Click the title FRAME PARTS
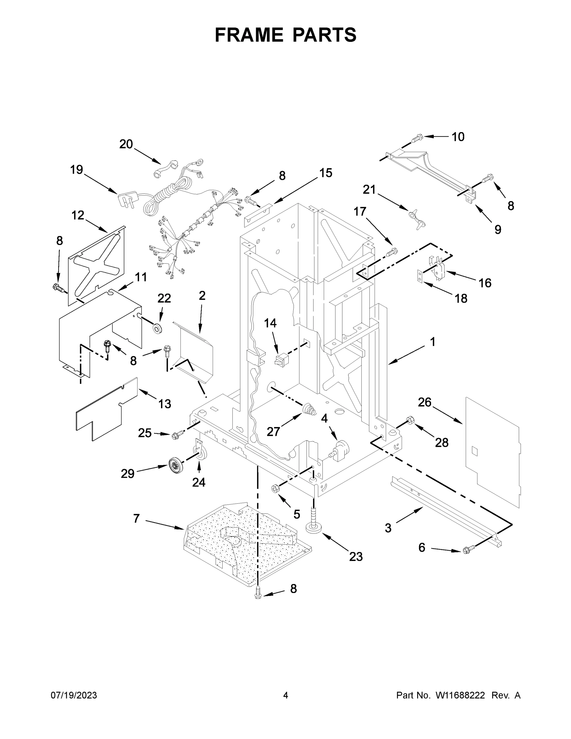coord(286,35)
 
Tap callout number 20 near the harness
coord(126,144)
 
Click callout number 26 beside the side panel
coord(424,402)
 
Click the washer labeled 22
coord(158,328)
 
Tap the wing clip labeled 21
coord(417,219)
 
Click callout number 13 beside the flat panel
coord(165,404)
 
